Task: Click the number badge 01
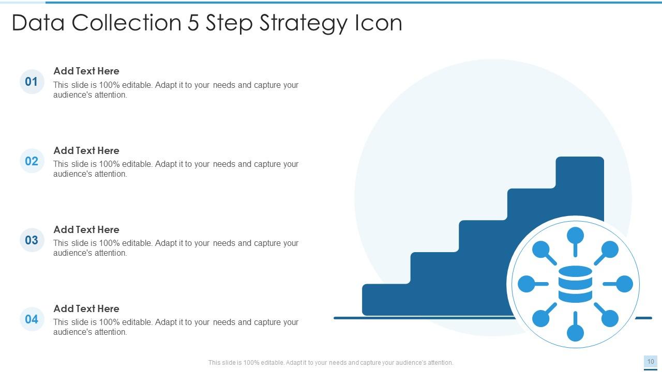click(32, 82)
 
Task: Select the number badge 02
click(32, 161)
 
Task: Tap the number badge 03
click(32, 240)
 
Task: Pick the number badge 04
click(32, 319)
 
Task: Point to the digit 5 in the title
click(193, 23)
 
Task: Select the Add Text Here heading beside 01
click(86, 71)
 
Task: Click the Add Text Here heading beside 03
click(86, 229)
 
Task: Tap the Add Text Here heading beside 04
click(86, 308)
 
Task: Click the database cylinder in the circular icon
click(575, 284)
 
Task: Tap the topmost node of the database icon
click(575, 236)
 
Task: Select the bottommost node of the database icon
click(575, 333)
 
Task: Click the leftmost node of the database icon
click(526, 284)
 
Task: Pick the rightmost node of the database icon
click(624, 284)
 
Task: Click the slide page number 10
click(651, 362)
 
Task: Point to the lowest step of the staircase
click(386, 300)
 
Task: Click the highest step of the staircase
click(580, 171)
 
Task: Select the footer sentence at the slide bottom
click(330, 363)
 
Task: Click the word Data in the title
click(39, 23)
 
